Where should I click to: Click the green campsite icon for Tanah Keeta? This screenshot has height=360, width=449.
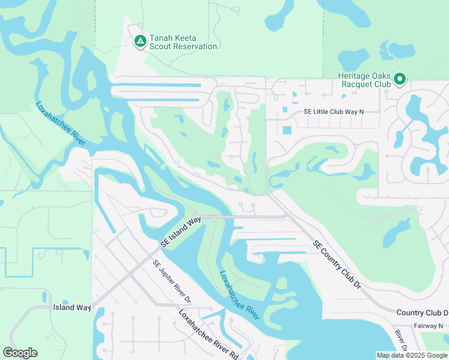(140, 41)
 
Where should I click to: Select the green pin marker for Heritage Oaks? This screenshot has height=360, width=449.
(400, 79)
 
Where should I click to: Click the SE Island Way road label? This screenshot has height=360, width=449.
(180, 233)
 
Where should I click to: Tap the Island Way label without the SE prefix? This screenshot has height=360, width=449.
(72, 307)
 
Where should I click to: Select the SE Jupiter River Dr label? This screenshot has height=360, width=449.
(171, 281)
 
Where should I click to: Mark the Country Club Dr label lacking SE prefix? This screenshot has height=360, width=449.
(422, 313)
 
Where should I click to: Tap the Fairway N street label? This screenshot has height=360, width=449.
(428, 326)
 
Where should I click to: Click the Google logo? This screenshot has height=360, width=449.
(20, 353)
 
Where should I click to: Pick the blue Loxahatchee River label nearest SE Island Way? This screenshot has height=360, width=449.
(239, 295)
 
